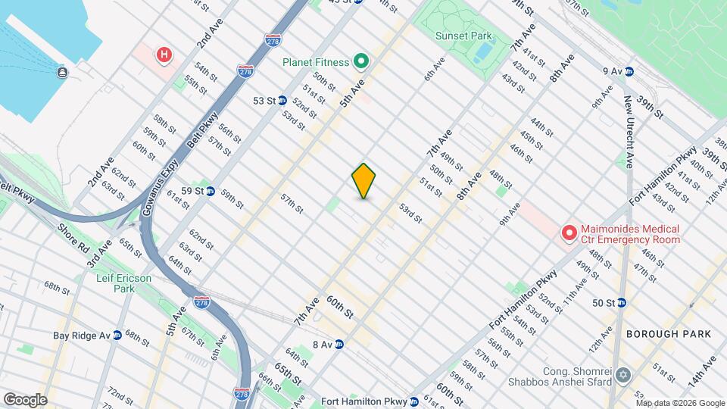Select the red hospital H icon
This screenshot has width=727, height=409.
tap(163, 55)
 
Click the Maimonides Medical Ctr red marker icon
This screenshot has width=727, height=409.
tap(567, 234)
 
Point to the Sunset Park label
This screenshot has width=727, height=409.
tap(463, 36)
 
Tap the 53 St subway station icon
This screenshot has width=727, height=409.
tap(282, 100)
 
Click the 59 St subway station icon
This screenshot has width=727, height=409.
tap(211, 192)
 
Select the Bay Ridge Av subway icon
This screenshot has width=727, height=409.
tap(117, 335)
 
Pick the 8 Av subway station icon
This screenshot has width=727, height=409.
tap(339, 344)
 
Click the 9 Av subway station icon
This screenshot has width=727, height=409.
tap(629, 72)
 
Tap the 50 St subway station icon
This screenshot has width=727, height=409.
tap(621, 303)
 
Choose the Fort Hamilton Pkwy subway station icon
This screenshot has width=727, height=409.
tap(414, 401)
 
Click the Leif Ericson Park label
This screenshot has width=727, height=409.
tap(123, 283)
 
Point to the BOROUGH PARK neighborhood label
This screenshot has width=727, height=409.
tap(668, 334)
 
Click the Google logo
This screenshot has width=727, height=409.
tap(25, 399)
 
